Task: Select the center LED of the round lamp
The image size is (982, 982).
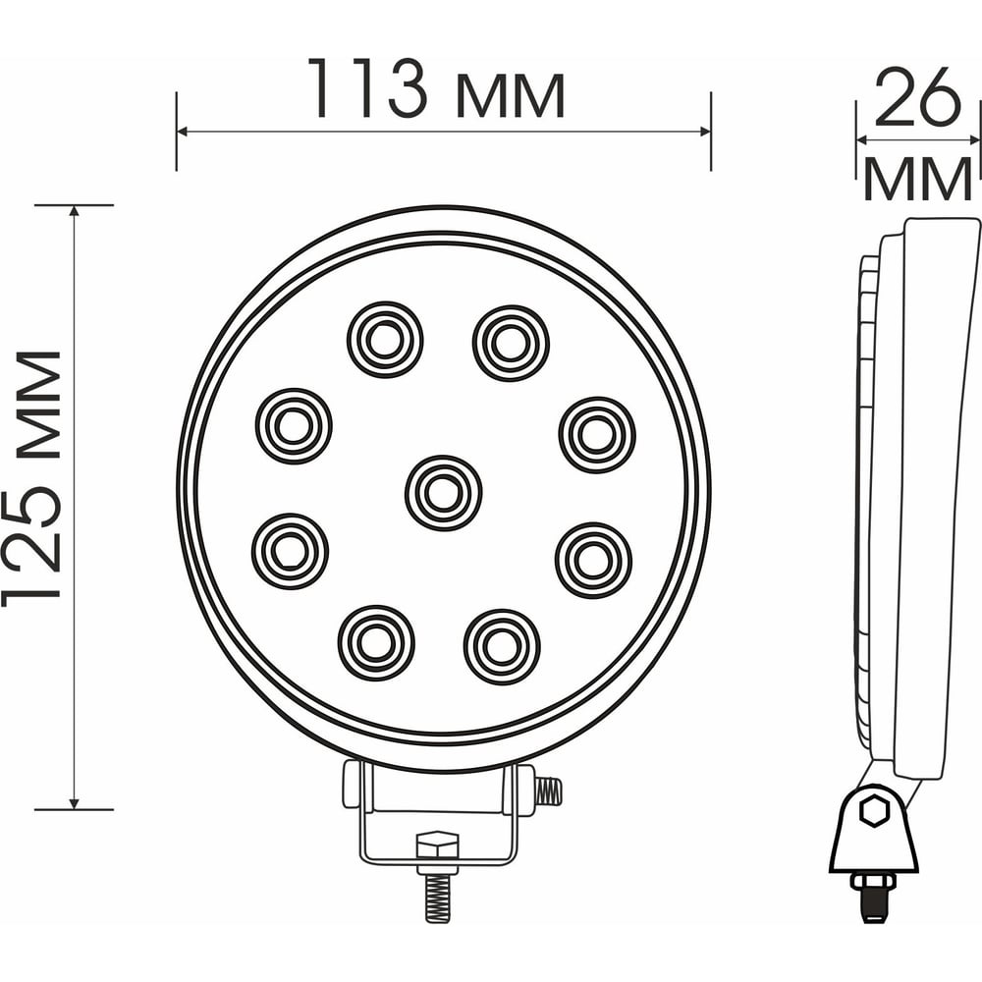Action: [x=444, y=493]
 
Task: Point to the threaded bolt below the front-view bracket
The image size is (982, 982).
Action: [x=437, y=897]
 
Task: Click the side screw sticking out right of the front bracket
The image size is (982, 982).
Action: [x=548, y=791]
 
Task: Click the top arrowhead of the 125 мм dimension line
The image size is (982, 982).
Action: [x=75, y=211]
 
